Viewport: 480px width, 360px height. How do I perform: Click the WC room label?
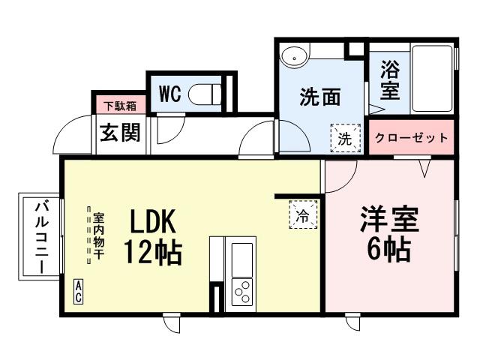pos(170,94)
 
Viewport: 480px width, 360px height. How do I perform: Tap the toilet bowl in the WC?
pos(206,94)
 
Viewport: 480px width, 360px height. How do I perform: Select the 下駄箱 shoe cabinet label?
pos(119,106)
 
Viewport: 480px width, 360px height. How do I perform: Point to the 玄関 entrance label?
pos(120,133)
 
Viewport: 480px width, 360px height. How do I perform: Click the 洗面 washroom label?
pos(320,98)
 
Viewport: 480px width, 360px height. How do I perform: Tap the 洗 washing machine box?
pos(344,138)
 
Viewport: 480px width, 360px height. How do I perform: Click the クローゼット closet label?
pos(412,138)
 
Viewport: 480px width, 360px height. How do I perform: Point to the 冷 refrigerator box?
pos(304,216)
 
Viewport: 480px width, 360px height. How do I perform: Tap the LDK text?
pos(152,223)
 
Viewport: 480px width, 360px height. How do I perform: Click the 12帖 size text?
pos(152,253)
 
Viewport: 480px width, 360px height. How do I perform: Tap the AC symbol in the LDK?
pos(78,292)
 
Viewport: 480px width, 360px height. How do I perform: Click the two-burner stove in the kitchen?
pos(241,291)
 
